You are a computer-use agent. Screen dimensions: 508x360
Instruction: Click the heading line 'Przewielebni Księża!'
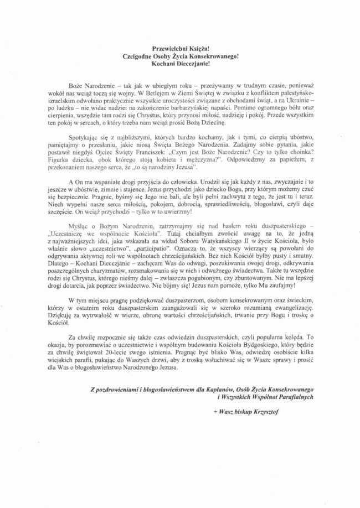click(180, 49)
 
